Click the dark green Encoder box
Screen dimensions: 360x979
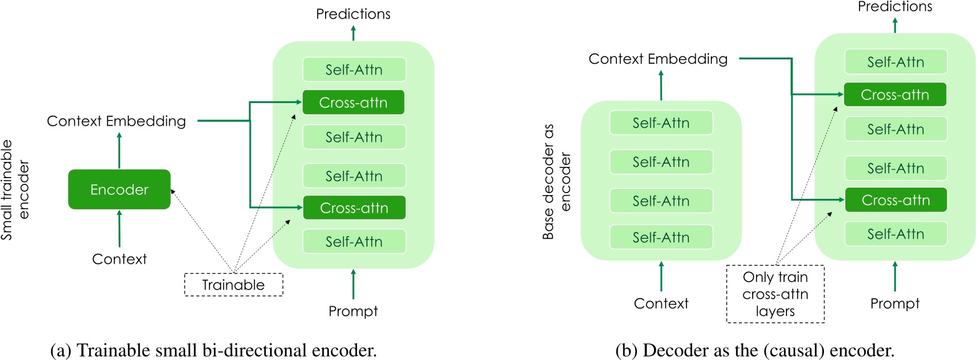coord(119,189)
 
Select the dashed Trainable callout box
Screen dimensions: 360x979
coord(233,285)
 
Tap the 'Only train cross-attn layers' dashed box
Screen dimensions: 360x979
coord(775,294)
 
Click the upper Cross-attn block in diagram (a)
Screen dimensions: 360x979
coord(353,102)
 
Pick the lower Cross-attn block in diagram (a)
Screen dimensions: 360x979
coord(353,207)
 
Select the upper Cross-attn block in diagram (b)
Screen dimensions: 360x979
coord(895,95)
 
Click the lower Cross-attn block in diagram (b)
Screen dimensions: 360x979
coord(895,201)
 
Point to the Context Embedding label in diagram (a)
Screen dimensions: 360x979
coord(116,121)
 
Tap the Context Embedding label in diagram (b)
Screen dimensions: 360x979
coord(658,59)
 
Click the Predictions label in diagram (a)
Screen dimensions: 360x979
coord(353,14)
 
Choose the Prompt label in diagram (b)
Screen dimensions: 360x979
coord(895,303)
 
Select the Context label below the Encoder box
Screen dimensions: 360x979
coord(119,258)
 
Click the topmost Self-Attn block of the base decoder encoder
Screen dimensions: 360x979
coord(661,123)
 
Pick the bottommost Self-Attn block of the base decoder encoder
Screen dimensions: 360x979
coord(661,237)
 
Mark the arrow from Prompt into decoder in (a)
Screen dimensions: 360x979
coord(353,284)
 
